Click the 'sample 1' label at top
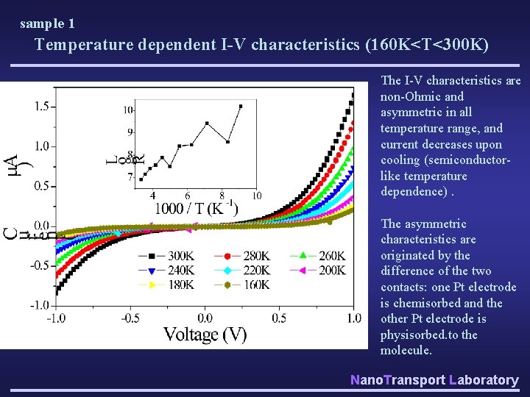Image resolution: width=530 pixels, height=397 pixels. point(47,24)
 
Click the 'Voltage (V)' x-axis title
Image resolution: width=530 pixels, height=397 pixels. point(205,335)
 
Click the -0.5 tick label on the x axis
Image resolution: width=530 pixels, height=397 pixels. point(130,318)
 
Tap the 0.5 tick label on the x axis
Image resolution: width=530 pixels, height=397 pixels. point(280,318)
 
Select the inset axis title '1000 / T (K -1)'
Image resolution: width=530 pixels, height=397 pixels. point(196,208)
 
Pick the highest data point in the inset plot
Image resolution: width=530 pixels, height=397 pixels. point(240,107)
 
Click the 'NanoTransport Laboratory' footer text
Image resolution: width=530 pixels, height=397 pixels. point(434,379)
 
